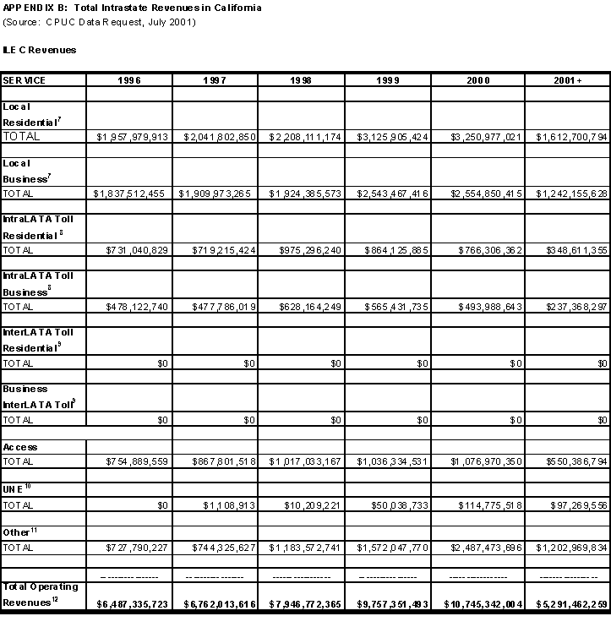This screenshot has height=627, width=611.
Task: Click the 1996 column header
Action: click(x=129, y=79)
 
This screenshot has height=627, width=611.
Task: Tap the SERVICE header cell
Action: click(x=25, y=79)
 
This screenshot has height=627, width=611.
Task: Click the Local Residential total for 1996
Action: click(x=132, y=136)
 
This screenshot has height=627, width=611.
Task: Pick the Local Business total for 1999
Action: click(x=390, y=194)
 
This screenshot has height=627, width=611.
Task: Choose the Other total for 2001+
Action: click(x=565, y=548)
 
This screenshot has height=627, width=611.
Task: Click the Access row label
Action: click(x=20, y=447)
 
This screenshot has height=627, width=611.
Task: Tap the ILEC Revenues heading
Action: click(x=40, y=50)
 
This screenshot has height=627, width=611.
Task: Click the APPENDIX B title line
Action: click(x=132, y=8)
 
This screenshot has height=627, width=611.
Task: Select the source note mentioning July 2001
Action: click(x=100, y=21)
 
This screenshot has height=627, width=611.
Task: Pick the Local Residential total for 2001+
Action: click(x=565, y=136)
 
